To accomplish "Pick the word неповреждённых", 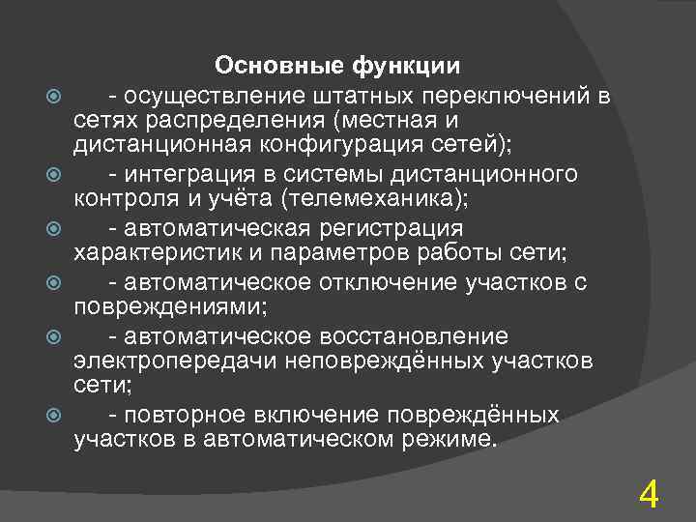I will pyautogui.click(x=372, y=362).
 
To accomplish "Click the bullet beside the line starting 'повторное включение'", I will pyautogui.click(x=53, y=417).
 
